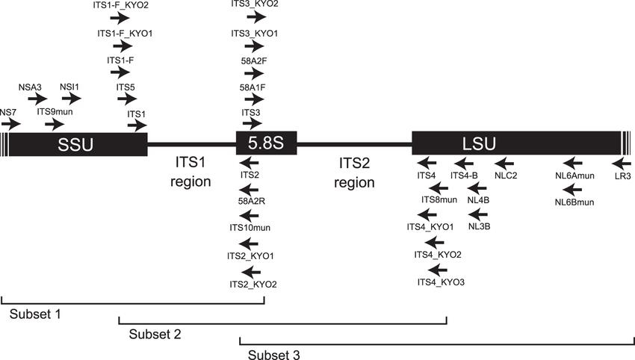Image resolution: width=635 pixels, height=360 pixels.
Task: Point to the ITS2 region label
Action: (354, 171)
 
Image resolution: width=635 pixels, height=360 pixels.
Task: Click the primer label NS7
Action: (8, 113)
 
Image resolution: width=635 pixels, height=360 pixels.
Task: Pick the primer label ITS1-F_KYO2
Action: (123, 5)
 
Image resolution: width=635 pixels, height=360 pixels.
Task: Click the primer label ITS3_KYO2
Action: (255, 5)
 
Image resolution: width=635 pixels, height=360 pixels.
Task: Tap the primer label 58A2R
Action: (250, 201)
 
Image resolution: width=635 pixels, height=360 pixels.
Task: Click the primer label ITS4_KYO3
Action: (441, 282)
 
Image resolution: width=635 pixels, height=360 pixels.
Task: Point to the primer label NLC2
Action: (506, 176)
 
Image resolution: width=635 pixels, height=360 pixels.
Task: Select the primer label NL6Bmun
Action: (574, 202)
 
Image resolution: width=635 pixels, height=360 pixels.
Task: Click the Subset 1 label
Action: (35, 314)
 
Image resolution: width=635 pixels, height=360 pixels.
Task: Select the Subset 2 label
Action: (154, 333)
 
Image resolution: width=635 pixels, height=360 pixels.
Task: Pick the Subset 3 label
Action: (273, 353)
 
